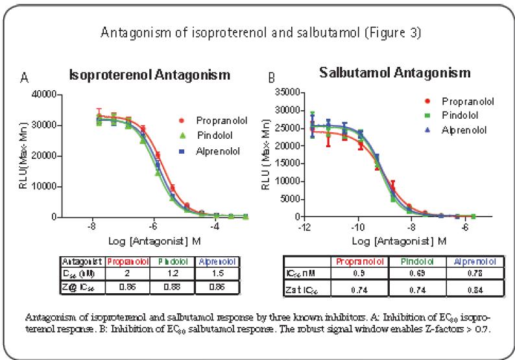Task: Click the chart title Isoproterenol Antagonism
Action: (149, 75)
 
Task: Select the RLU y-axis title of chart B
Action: (267, 154)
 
